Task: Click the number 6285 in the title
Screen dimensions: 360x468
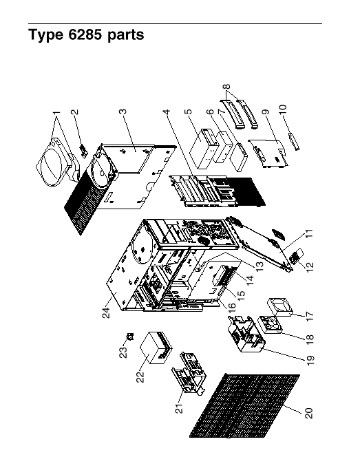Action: coord(85,34)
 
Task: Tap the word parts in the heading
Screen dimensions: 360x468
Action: coord(126,36)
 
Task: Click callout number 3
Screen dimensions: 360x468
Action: coord(123,111)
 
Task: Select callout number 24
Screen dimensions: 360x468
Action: coord(107,312)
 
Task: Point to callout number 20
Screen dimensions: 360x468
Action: coord(309,413)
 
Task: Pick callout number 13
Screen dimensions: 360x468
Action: coord(259,266)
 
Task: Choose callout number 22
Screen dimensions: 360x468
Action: coord(140,376)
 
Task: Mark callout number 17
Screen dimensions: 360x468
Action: coord(310,316)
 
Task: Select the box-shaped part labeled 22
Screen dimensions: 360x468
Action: coord(157,347)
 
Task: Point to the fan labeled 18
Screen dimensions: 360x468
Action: coord(271,325)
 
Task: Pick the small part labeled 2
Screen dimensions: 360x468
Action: coord(83,151)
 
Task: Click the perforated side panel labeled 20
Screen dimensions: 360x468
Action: coord(244,406)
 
